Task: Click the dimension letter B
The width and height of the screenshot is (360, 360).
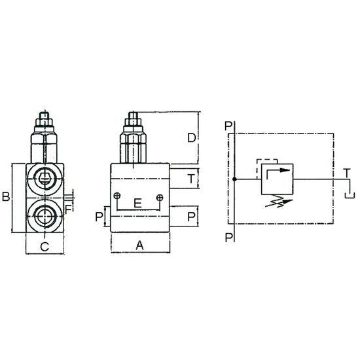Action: click(6, 197)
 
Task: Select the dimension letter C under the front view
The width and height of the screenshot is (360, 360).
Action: click(45, 247)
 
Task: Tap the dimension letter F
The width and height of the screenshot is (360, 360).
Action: click(69, 209)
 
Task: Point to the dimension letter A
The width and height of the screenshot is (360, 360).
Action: click(139, 245)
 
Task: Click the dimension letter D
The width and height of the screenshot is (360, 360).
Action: click(192, 137)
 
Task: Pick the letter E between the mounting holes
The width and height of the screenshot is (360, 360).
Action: click(137, 203)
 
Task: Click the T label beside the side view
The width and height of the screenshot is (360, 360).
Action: click(191, 179)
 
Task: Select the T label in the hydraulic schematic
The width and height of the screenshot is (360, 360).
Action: click(347, 173)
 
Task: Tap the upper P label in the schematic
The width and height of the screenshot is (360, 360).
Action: click(228, 126)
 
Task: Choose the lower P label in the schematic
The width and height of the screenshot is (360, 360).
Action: click(229, 238)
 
